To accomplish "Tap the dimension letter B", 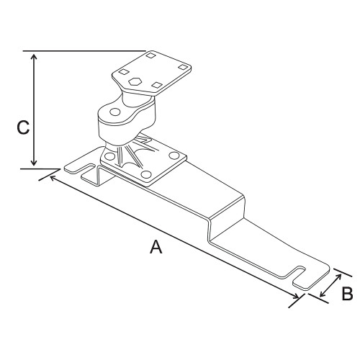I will point(346,294).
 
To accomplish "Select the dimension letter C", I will point(23,127).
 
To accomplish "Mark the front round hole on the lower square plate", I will point(145,175).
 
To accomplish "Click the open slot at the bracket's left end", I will point(78,170).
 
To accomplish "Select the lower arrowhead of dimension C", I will point(33,163).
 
